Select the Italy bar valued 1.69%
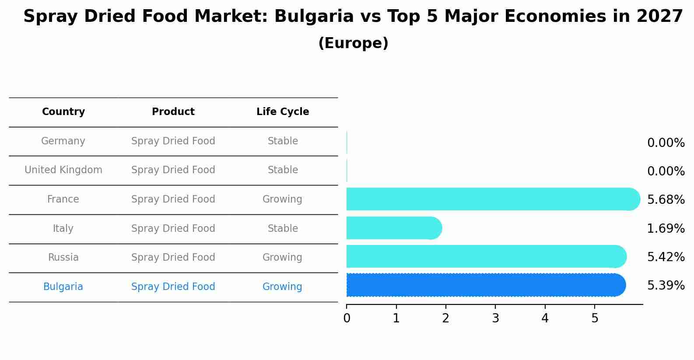[x=394, y=228]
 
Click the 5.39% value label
[x=666, y=286]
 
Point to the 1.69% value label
[x=666, y=228]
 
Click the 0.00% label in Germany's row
[x=666, y=143]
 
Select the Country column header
[x=63, y=112]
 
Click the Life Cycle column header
[x=283, y=112]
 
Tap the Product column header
[x=173, y=112]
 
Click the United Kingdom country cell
[x=63, y=170]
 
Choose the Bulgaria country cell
[x=63, y=287]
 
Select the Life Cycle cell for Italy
[x=283, y=228]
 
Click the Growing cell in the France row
[x=282, y=199]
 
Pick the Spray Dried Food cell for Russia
[x=173, y=257]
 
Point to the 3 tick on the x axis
[x=495, y=318]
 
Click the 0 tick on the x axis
[x=347, y=318]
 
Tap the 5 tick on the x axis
[x=595, y=318]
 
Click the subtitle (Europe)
[x=353, y=43]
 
